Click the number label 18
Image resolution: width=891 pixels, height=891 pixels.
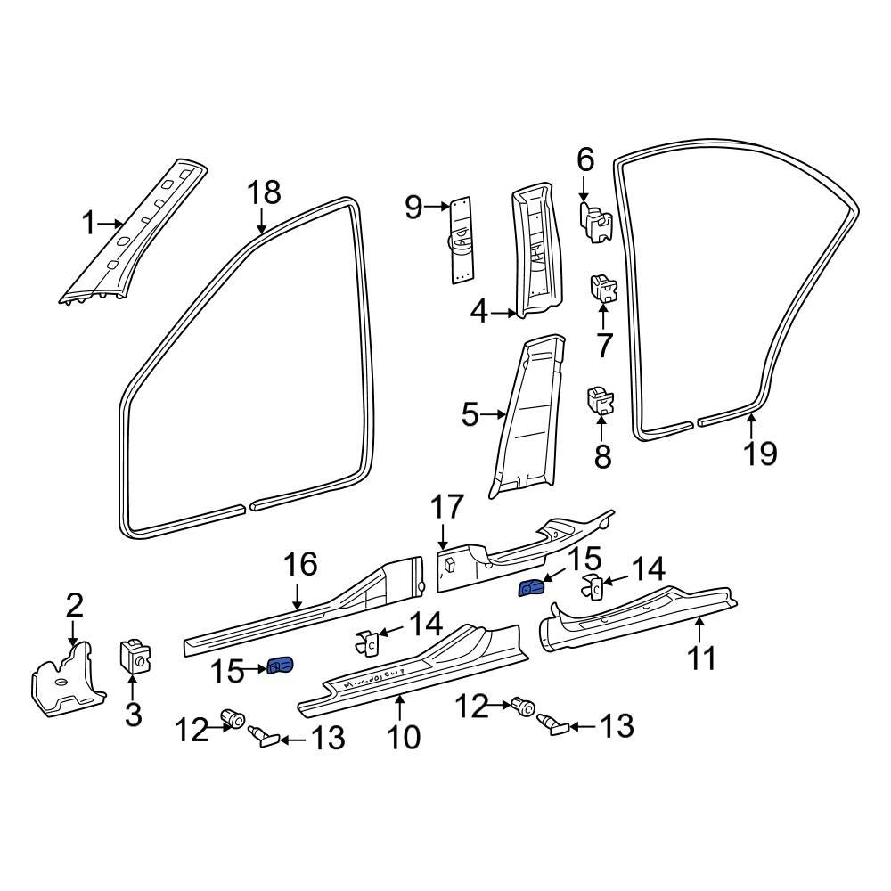tap(264, 192)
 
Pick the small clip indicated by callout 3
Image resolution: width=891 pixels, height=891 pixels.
tap(135, 658)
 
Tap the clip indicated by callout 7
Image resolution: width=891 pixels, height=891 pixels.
tap(604, 289)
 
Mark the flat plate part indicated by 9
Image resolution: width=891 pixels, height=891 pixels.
tap(460, 240)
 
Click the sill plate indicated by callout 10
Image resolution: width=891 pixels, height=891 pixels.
tap(410, 669)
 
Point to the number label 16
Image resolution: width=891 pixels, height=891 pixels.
tap(300, 564)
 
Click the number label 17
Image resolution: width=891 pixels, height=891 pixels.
tap(446, 508)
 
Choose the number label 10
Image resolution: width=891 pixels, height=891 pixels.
tap(403, 737)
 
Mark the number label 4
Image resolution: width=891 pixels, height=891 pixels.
tap(479, 313)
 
